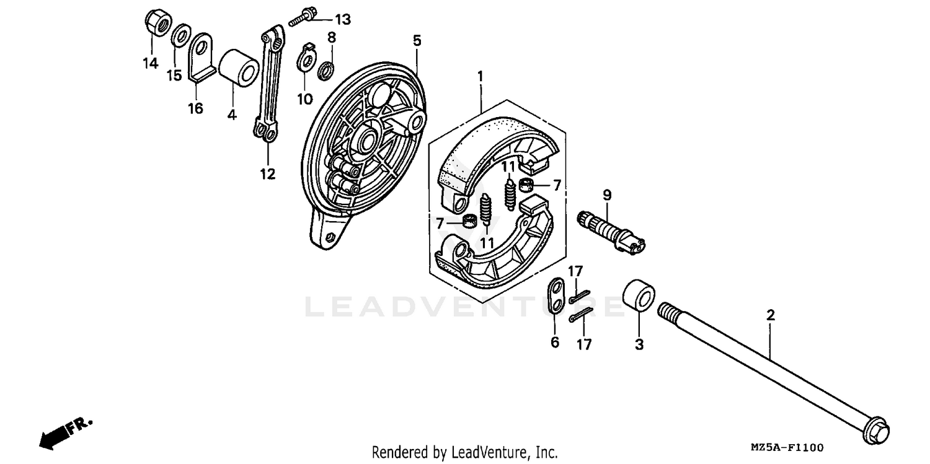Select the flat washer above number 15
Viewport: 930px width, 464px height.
[x=180, y=35]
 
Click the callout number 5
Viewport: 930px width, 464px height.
[x=417, y=41]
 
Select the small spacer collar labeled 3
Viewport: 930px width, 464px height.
[x=638, y=299]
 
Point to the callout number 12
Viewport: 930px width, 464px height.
[x=267, y=174]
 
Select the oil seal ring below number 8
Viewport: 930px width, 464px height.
[x=326, y=70]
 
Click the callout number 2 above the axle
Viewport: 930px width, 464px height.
[x=770, y=315]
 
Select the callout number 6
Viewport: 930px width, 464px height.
[x=554, y=341]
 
